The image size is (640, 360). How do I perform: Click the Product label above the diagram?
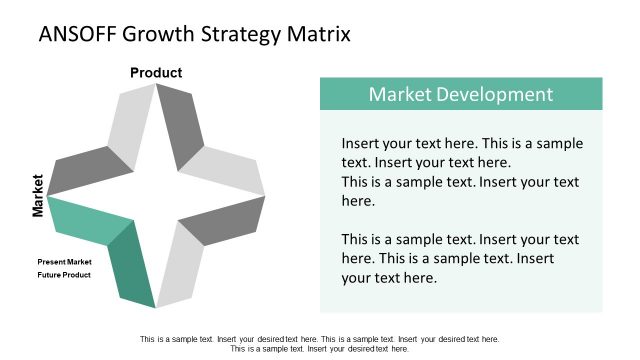156,72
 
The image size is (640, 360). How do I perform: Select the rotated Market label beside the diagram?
38,195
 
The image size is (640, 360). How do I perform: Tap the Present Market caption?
65,262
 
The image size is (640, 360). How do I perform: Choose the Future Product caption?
65,275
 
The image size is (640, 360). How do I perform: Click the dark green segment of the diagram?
133,265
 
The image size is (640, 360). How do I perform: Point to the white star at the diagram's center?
156,195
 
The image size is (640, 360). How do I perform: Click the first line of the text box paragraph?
462,143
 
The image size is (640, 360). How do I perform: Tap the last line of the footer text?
320,349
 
